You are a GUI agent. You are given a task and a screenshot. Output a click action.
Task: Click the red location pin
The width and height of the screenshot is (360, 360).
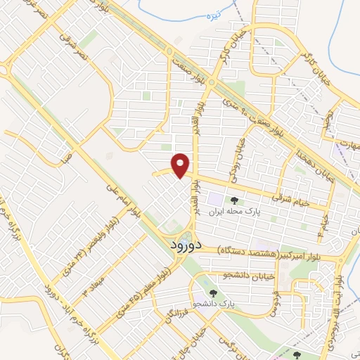click(181, 165)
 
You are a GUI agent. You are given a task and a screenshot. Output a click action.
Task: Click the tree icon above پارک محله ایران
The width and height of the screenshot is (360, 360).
click(233, 200)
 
